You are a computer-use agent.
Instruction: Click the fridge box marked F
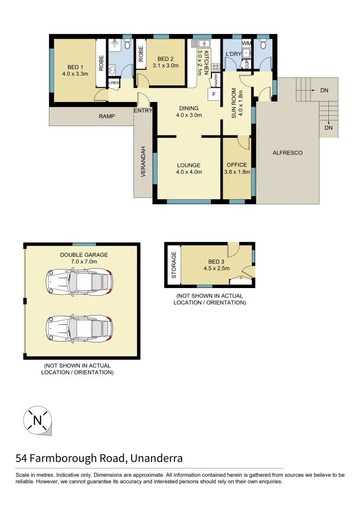pos(214,94)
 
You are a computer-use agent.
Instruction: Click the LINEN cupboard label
pos(114,83)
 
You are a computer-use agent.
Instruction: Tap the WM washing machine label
pos(247,43)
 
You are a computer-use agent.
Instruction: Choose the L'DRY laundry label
pos(233,54)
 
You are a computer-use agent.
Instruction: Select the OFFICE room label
pos(236,165)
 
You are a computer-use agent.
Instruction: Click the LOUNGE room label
pos(189,165)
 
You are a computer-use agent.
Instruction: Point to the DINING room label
pos(189,108)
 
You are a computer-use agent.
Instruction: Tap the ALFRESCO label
pos(287,153)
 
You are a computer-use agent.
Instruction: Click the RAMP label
pos(107,116)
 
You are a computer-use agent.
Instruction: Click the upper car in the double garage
pos(79,282)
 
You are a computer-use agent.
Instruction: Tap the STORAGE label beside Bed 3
pos(174,265)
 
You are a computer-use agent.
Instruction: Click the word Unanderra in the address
pos(156,458)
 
